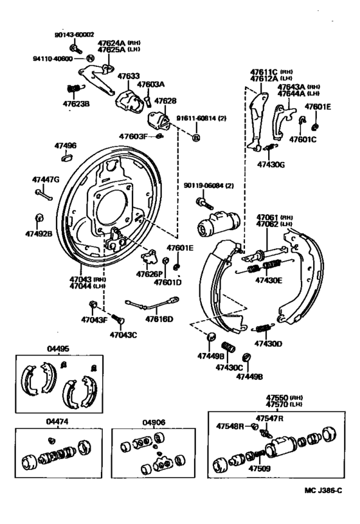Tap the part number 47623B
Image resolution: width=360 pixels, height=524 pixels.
click(x=76, y=102)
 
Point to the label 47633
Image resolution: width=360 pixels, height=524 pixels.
click(x=128, y=76)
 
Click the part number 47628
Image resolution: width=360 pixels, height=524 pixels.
click(x=165, y=101)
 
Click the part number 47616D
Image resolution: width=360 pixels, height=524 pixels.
click(x=159, y=318)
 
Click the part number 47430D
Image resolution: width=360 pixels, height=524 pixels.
click(x=268, y=344)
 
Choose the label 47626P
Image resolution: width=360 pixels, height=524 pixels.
click(x=147, y=274)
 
